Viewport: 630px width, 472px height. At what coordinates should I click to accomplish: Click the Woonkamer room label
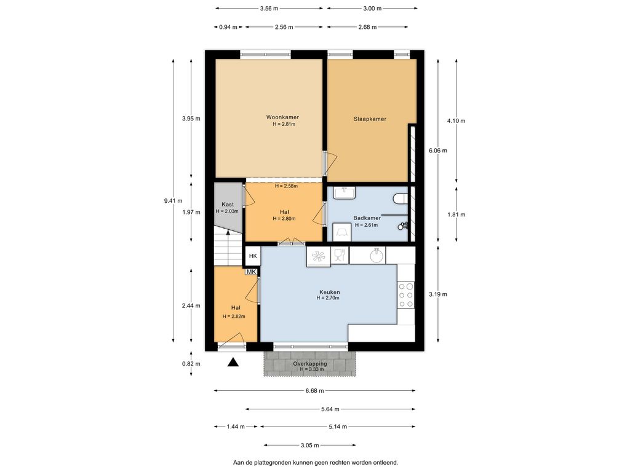(x=282, y=117)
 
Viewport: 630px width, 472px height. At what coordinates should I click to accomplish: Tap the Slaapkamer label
(x=370, y=119)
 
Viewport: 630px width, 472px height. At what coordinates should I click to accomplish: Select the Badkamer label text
(x=367, y=218)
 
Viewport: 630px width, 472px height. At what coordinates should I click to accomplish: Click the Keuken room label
(x=330, y=292)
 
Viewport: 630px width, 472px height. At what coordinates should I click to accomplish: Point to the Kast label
(x=228, y=204)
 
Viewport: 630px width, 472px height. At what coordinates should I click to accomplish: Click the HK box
(x=253, y=256)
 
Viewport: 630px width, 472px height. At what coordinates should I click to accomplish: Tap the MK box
(x=251, y=272)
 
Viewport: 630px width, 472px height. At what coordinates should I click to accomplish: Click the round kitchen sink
(x=377, y=255)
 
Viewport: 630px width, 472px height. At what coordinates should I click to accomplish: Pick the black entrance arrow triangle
(x=233, y=363)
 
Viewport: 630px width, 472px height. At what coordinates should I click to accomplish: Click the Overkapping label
(x=310, y=364)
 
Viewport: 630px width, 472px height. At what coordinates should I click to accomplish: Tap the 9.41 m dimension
(x=173, y=201)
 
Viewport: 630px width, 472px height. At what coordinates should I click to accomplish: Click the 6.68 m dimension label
(x=314, y=390)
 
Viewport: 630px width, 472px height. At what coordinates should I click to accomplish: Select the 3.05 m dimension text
(x=310, y=445)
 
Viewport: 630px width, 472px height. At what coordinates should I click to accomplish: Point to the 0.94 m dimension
(x=228, y=27)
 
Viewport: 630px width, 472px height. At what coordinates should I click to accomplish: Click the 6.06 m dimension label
(x=438, y=151)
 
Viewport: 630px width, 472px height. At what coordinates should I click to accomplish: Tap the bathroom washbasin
(x=345, y=193)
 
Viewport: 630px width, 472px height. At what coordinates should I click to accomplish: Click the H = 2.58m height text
(x=286, y=186)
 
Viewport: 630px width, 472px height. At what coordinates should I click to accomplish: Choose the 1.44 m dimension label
(x=236, y=427)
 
